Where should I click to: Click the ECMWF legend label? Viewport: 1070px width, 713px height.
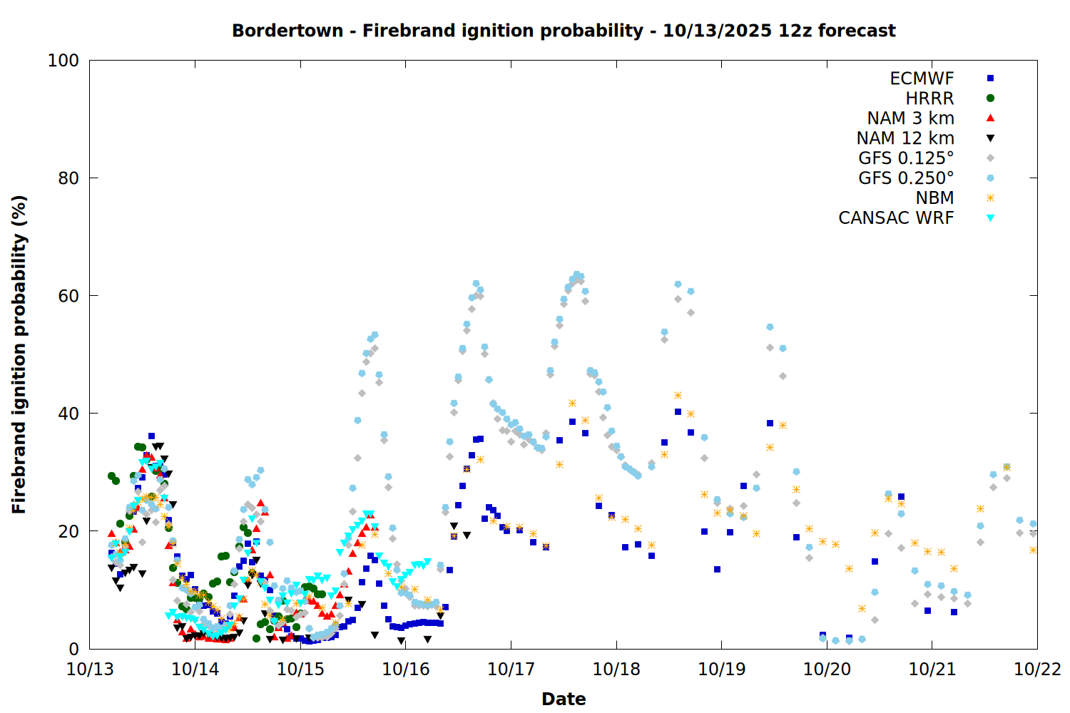[x=922, y=78]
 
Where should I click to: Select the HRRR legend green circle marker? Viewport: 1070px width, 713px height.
[x=990, y=98]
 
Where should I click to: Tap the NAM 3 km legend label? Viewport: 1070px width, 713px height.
[x=910, y=118]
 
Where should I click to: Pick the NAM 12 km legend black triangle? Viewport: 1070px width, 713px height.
[x=990, y=138]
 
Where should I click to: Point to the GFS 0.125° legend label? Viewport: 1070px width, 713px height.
[x=906, y=158]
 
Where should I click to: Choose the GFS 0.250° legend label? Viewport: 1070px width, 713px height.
[x=906, y=178]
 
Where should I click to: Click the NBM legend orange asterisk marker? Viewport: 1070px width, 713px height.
[x=990, y=198]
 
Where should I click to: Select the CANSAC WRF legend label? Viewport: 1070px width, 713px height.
[x=896, y=218]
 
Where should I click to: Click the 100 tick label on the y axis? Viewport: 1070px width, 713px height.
[x=63, y=61]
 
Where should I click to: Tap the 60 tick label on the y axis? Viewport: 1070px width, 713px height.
[x=68, y=296]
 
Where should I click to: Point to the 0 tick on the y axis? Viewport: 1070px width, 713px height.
[x=73, y=649]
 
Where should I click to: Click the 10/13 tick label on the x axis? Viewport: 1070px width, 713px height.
[x=90, y=670]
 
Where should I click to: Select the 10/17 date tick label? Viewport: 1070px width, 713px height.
[x=511, y=670]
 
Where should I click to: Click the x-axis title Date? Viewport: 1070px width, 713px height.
[x=564, y=699]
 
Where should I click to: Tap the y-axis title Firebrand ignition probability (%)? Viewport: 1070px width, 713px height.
[x=19, y=354]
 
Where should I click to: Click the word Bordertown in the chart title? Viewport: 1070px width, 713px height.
[x=287, y=31]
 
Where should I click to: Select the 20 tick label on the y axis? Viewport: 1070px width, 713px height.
[x=68, y=531]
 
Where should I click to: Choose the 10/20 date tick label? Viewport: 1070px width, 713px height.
[x=827, y=670]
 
